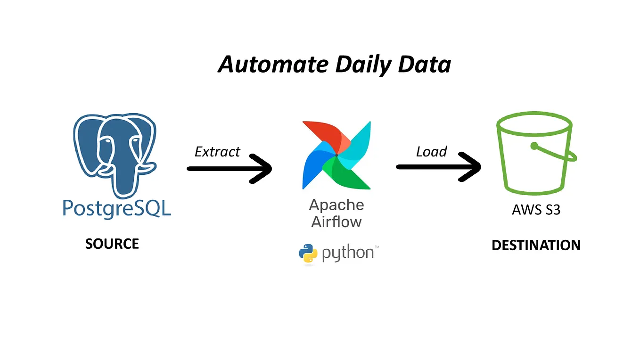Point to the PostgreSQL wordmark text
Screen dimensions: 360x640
click(116, 209)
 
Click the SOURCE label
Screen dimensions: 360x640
click(112, 244)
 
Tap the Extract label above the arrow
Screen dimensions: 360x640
click(217, 152)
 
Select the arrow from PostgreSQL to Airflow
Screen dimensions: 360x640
click(230, 168)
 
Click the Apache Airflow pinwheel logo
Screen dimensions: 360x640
click(336, 155)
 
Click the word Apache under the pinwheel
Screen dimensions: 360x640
click(336, 205)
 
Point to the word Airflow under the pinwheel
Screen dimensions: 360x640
click(336, 221)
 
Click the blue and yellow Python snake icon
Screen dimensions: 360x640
click(308, 254)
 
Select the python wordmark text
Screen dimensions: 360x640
click(348, 254)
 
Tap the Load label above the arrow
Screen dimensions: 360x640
click(431, 152)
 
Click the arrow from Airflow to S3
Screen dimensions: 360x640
click(438, 167)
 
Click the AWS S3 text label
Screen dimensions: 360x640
click(536, 209)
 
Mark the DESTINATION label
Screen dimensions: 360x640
click(536, 245)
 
